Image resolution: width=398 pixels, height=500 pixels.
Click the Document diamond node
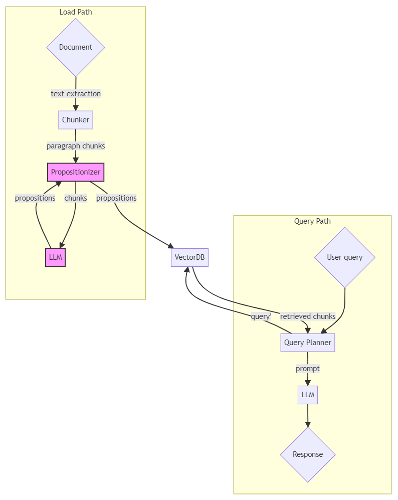pyautogui.click(x=76, y=47)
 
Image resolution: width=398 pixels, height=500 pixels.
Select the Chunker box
pyautogui.click(x=76, y=120)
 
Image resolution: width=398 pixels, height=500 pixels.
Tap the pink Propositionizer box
pyautogui.click(x=76, y=172)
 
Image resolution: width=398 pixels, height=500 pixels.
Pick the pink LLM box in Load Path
pyautogui.click(x=55, y=258)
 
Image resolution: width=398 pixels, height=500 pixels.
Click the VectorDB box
pyautogui.click(x=189, y=258)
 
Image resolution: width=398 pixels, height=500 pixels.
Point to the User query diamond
pyautogui.click(x=345, y=257)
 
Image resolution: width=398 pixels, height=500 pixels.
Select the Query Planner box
pyautogui.click(x=307, y=343)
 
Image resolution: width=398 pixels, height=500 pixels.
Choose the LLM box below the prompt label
pyautogui.click(x=307, y=395)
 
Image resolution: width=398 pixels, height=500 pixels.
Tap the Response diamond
pyautogui.click(x=307, y=454)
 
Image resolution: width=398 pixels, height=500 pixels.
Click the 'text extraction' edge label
pyautogui.click(x=76, y=94)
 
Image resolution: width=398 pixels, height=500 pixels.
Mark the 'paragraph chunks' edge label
pyautogui.click(x=76, y=146)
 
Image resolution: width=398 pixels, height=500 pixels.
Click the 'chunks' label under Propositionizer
pyautogui.click(x=76, y=198)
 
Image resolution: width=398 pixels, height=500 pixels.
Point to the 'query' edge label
pyautogui.click(x=260, y=316)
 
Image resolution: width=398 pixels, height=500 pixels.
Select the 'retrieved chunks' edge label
pyautogui.click(x=307, y=316)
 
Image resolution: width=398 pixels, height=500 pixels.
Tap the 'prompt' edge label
pyautogui.click(x=307, y=369)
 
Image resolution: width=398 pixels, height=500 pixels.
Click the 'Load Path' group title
pyautogui.click(x=76, y=12)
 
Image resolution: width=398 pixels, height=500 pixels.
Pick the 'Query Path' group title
pyautogui.click(x=312, y=221)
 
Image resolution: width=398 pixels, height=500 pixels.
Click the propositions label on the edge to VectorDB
pyautogui.click(x=116, y=198)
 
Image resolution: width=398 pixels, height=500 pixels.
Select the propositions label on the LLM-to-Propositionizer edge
pyautogui.click(x=35, y=198)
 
